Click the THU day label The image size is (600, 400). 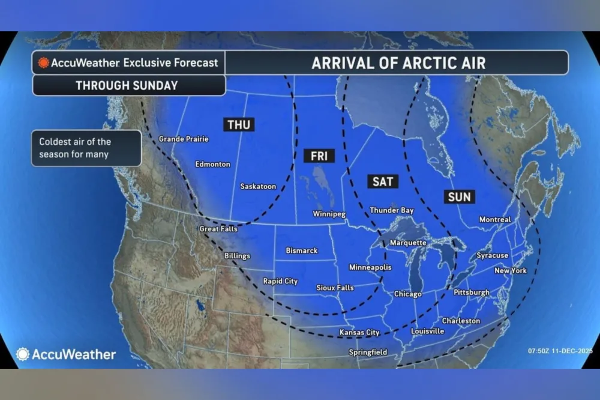(239, 124)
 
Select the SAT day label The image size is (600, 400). (382, 181)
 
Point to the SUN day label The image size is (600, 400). (460, 196)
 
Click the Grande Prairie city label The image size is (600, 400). (184, 139)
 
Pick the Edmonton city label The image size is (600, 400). (212, 164)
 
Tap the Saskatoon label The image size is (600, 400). (258, 187)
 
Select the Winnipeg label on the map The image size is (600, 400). (329, 214)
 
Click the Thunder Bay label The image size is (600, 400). (392, 211)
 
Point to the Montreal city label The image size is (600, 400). (495, 220)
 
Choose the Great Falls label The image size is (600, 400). (218, 229)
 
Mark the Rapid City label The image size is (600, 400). (280, 281)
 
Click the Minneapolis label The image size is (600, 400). (370, 267)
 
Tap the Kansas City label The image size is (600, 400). (359, 332)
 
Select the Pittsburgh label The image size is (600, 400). (471, 292)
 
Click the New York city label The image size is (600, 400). (511, 271)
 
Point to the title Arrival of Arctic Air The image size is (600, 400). (398, 63)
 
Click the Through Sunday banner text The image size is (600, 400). (127, 85)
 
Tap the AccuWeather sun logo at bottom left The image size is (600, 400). (23, 354)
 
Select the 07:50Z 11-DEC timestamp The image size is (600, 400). (560, 351)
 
